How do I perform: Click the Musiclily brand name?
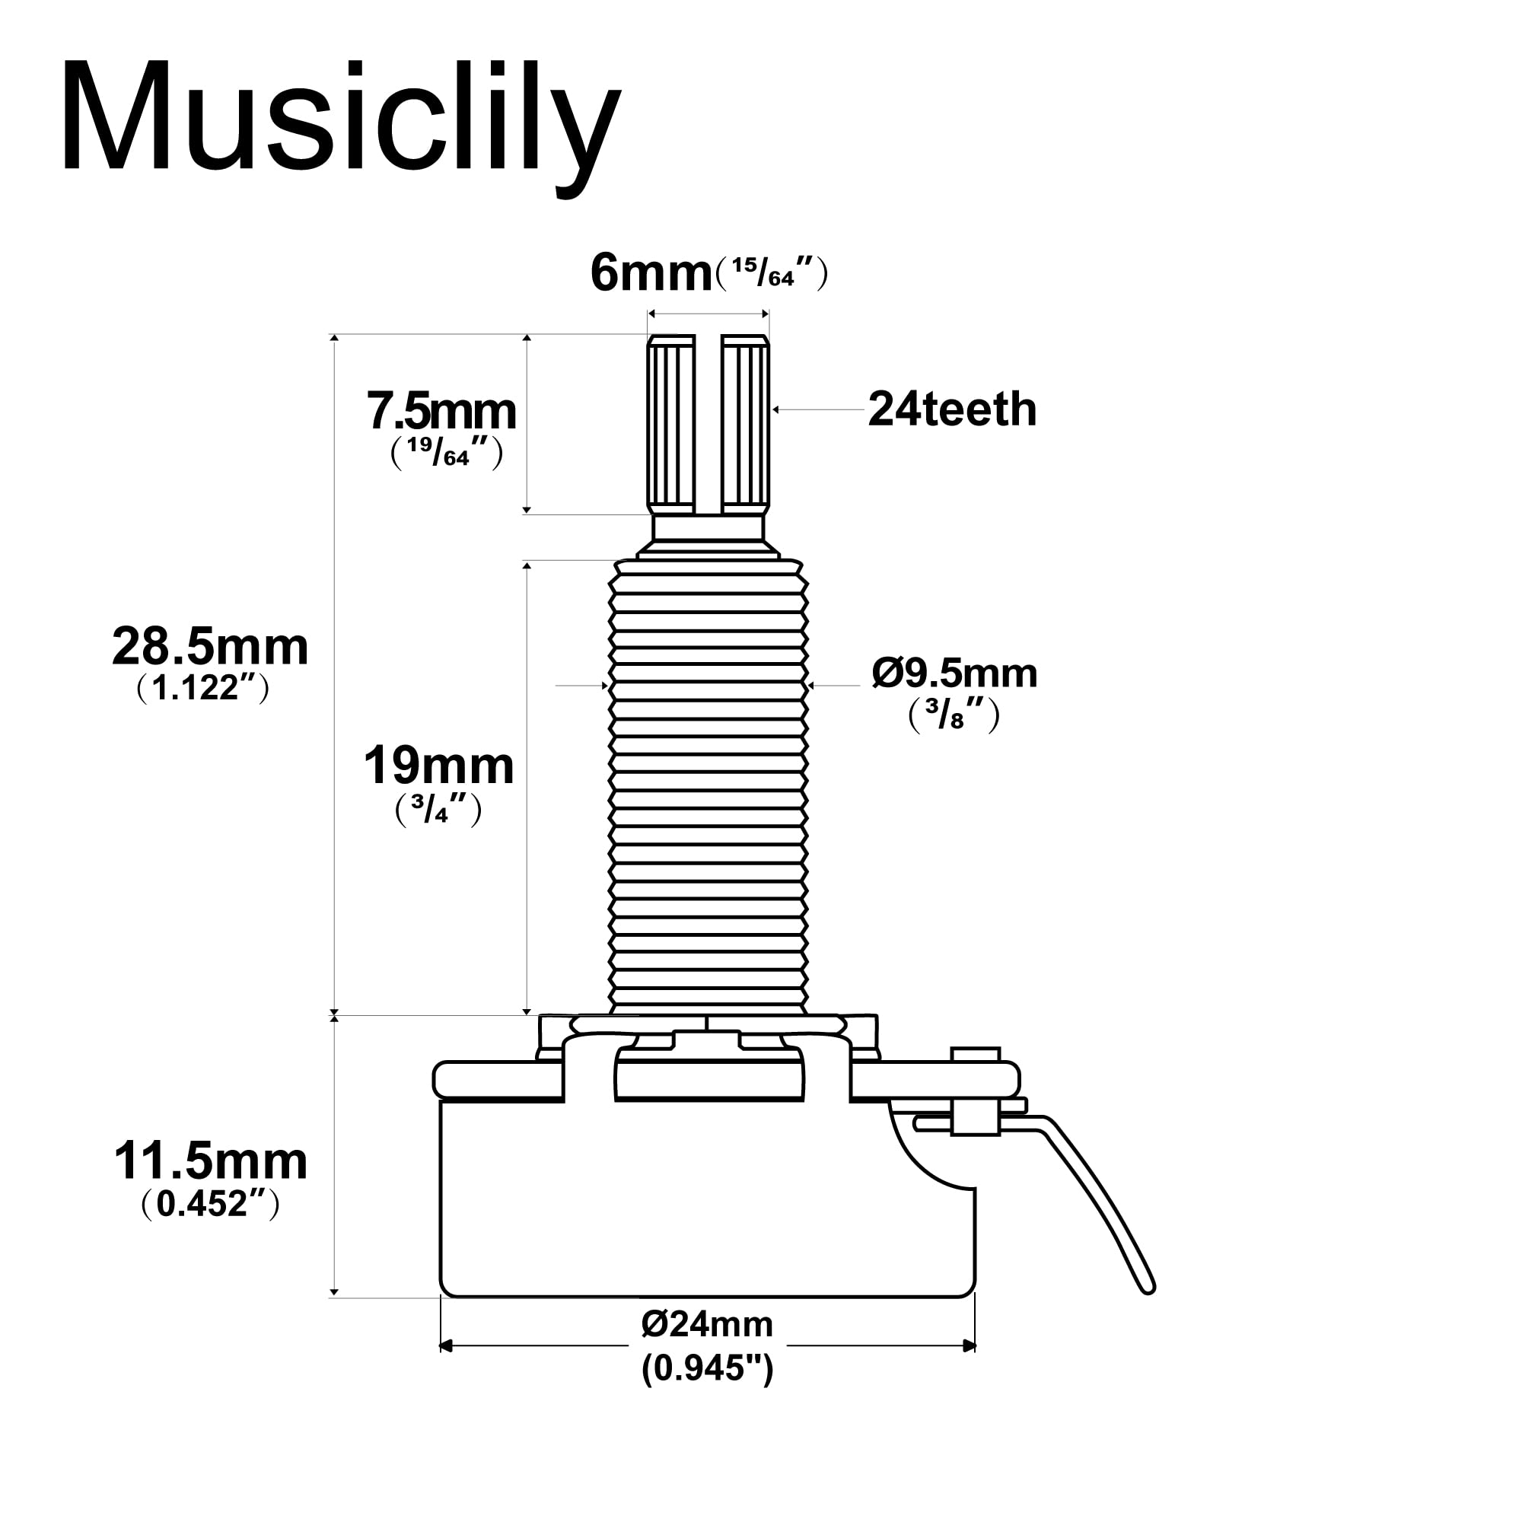340,118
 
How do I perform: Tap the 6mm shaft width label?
651,273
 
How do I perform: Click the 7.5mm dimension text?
441,411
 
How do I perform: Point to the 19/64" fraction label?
447,454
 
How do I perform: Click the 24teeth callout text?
952,409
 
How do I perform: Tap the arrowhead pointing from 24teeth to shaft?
776,409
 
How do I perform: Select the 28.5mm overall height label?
209,647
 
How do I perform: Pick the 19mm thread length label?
438,766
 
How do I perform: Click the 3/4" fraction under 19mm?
438,810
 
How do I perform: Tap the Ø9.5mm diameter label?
954,673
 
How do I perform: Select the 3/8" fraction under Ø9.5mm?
954,716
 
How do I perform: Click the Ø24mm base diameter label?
707,1324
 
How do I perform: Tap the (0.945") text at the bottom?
707,1368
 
